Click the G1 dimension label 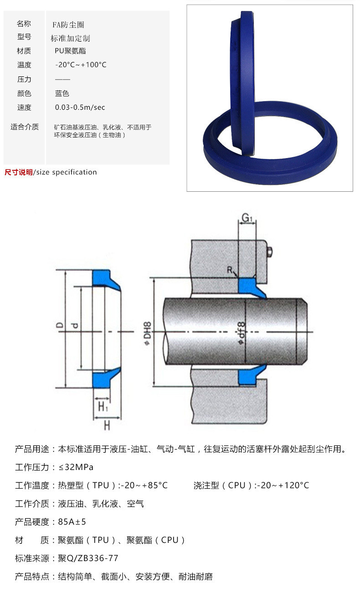click(247, 219)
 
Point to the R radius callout click(230, 270)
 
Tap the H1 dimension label click(103, 405)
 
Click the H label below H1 click(107, 425)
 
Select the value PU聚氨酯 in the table click(70, 51)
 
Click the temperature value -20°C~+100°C click(81, 65)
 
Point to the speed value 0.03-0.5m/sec click(80, 107)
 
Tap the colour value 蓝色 click(62, 93)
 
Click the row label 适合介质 click(25, 127)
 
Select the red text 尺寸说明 click(18, 172)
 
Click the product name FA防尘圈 click(68, 25)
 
